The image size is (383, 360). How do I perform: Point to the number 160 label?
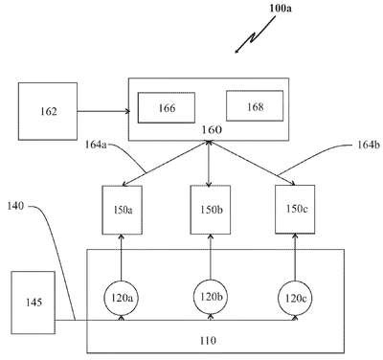[212, 130]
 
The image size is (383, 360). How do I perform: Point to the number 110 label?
[208, 341]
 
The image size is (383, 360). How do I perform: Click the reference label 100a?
[281, 8]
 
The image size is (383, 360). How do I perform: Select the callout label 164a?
[96, 145]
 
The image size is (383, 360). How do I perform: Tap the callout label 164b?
[369, 145]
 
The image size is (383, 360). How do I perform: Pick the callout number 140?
[15, 206]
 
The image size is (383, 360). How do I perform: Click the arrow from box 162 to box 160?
[103, 111]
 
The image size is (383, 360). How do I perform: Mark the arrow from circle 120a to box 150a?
[121, 258]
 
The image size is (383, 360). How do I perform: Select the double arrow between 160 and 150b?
[209, 164]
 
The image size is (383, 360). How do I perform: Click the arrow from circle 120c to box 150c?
[295, 258]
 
